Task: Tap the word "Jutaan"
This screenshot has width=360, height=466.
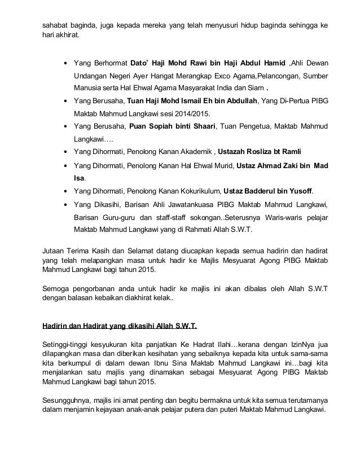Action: point(55,249)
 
